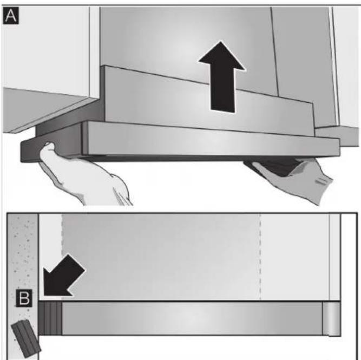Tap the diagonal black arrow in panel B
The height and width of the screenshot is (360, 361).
[x=62, y=277]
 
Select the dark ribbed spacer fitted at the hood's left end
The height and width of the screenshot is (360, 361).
[x=50, y=318]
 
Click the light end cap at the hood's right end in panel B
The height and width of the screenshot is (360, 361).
[x=330, y=318]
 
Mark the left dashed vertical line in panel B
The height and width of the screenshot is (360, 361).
[x=62, y=254]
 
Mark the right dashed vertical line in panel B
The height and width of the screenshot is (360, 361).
[x=261, y=254]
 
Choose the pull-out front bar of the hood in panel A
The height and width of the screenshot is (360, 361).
[x=211, y=140]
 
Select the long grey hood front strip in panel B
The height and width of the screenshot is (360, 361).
[x=189, y=318]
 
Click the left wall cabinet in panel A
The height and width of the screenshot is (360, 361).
[x=43, y=60]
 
